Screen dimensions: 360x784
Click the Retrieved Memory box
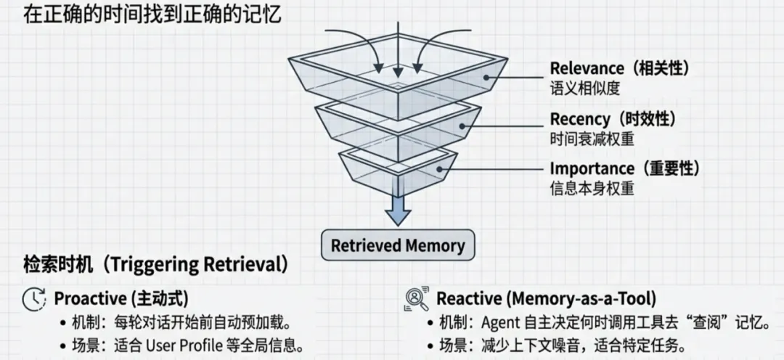pyautogui.click(x=398, y=245)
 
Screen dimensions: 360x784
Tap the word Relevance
pyautogui.click(x=587, y=68)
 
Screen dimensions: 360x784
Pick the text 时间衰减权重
pyautogui.click(x=592, y=138)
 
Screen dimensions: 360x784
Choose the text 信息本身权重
pyautogui.click(x=592, y=188)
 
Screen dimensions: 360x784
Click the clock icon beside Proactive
pyautogui.click(x=33, y=298)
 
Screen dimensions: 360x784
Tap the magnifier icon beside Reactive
pyautogui.click(x=415, y=299)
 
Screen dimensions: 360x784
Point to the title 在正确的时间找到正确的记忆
pyautogui.click(x=143, y=15)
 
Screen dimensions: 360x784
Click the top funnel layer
pyautogui.click(x=398, y=80)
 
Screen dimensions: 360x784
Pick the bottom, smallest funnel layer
pyautogui.click(x=398, y=170)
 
